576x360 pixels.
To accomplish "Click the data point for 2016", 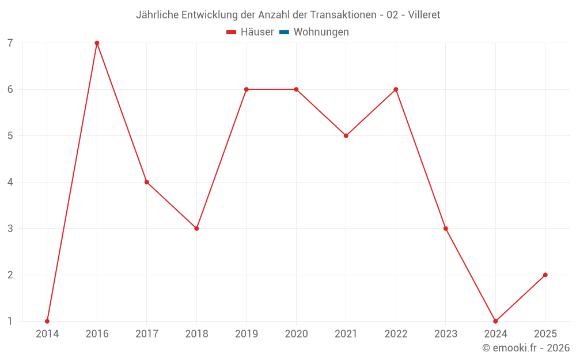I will coord(97,43).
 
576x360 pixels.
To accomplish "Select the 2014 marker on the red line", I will coord(47,321).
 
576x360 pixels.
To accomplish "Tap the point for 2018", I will coord(196,229).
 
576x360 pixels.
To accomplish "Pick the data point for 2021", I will coord(346,136).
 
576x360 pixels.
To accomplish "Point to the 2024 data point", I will coord(495,321).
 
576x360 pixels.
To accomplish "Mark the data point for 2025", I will coord(545,275).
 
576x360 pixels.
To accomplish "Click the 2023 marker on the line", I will coord(446,229).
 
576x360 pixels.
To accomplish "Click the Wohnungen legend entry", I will coord(321,32).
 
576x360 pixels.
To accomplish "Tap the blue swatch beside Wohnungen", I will coord(284,32).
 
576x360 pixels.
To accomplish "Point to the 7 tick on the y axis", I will coord(10,43).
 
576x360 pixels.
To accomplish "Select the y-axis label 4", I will coord(10,182).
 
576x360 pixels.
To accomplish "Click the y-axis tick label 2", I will coord(10,275).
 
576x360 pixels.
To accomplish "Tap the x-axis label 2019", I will coord(247,334).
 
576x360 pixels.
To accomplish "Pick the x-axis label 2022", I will coord(396,334).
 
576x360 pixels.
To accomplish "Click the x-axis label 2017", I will coord(147,334).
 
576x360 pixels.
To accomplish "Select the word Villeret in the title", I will coord(424,15).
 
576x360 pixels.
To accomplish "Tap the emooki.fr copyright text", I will coord(525,348).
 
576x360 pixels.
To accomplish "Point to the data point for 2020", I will coord(296,89).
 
